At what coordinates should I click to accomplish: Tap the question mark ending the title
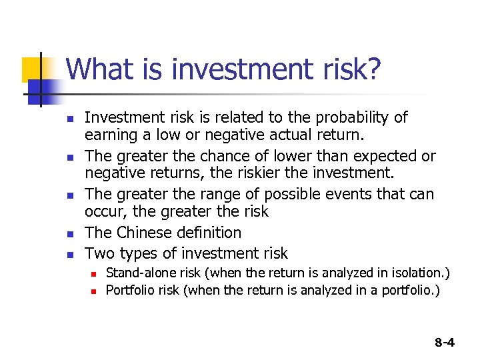375,69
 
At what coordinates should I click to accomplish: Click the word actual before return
279,135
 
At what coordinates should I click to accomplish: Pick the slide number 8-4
445,343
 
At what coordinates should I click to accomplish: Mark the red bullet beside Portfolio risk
95,292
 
